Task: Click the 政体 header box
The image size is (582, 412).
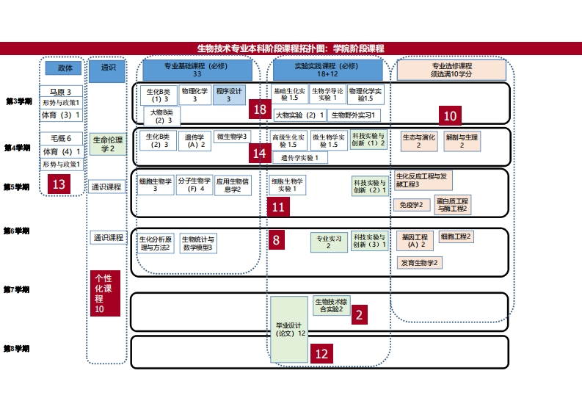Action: [x=65, y=68]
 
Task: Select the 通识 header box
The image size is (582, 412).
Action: [x=107, y=68]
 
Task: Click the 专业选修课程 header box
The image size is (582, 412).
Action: [x=451, y=70]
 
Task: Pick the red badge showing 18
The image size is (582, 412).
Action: [x=259, y=109]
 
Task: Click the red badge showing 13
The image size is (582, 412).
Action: [x=59, y=184]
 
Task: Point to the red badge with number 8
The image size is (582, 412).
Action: [x=276, y=239]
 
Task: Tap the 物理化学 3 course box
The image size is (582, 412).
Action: [x=194, y=95]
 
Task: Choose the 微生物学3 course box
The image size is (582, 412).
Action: [x=233, y=137]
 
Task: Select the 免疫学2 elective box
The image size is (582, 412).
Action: [x=411, y=205]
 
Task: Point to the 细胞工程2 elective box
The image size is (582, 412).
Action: [x=456, y=236]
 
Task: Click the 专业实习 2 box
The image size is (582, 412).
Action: [x=327, y=242]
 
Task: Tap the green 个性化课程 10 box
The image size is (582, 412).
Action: [x=104, y=294]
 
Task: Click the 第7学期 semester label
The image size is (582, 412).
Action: [x=18, y=290]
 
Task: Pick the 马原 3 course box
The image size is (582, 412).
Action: [x=61, y=93]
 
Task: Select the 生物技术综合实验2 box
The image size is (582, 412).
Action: [x=331, y=305]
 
